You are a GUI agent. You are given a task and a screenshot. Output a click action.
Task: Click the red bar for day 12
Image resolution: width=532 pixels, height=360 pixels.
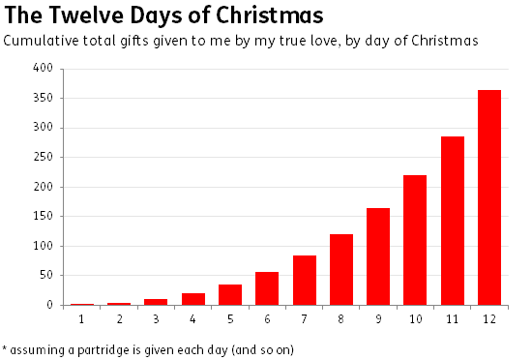point(489,197)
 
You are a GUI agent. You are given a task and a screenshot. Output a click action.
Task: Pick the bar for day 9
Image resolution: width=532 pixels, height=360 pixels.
point(378,256)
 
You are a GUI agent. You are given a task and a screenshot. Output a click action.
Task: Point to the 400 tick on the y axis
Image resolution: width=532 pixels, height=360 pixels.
point(43,69)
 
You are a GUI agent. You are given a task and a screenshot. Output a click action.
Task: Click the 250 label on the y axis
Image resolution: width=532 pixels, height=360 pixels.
point(43,158)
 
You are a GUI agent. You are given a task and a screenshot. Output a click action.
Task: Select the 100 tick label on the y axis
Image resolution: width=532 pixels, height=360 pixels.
point(43,246)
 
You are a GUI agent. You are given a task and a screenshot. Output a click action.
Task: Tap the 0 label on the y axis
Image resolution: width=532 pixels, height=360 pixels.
point(49,305)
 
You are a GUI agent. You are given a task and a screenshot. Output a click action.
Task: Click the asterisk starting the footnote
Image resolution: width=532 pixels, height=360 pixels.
point(5,347)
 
